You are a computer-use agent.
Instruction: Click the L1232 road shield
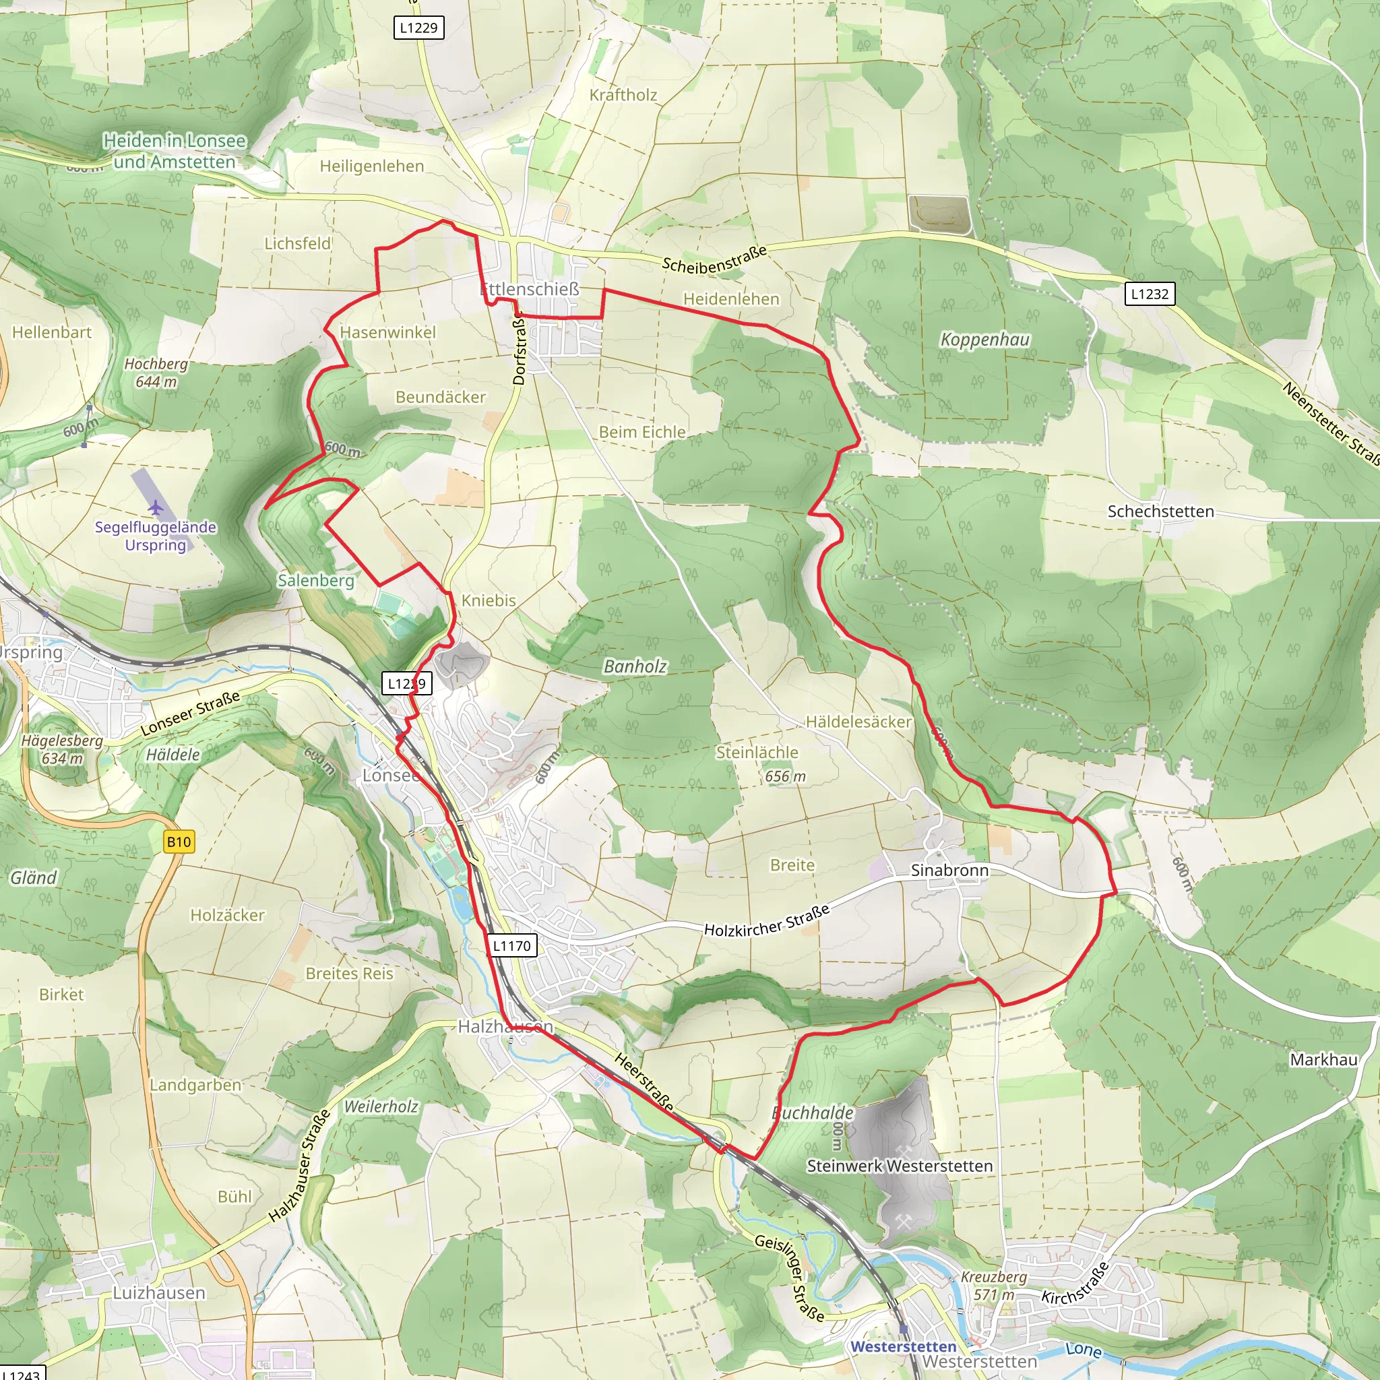(1150, 294)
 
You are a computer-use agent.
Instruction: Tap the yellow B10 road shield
(179, 842)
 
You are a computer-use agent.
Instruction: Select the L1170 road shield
(512, 945)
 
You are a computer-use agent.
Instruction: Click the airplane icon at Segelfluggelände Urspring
(156, 508)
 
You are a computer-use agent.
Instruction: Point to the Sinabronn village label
(949, 870)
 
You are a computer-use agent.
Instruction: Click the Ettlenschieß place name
(530, 289)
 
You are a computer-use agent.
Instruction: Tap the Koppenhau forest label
(985, 340)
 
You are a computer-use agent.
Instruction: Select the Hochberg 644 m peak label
(156, 372)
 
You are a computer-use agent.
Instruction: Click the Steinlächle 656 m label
(758, 763)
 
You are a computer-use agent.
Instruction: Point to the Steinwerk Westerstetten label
(900, 1166)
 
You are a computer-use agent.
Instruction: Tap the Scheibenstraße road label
(714, 259)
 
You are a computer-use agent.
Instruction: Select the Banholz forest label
(635, 666)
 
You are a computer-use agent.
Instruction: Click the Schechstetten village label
(1161, 511)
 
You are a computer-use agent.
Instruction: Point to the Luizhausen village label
(159, 1293)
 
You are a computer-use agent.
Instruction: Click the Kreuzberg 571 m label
(994, 1286)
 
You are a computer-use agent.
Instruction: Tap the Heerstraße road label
(644, 1082)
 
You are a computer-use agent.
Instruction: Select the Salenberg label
(316, 580)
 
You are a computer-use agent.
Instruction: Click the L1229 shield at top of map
(418, 28)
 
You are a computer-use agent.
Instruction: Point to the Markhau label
(1323, 1060)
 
